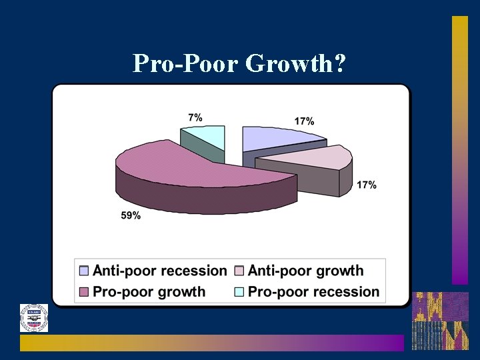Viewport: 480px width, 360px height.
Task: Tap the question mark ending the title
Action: [339, 63]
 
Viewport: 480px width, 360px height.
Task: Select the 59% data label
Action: [131, 215]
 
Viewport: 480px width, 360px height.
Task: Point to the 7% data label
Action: [195, 117]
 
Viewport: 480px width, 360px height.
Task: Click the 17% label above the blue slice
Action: [304, 121]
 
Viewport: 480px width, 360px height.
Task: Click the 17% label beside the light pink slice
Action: [367, 185]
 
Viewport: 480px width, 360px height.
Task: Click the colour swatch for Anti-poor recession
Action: [84, 271]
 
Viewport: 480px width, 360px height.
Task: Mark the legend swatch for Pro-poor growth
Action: [84, 291]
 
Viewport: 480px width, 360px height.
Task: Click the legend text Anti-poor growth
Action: [305, 271]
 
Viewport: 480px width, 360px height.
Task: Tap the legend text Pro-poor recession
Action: [313, 291]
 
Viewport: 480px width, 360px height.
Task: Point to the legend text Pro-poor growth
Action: [149, 291]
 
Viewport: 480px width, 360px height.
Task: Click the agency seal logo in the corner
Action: [33, 318]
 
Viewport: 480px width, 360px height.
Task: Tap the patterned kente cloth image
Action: [439, 321]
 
